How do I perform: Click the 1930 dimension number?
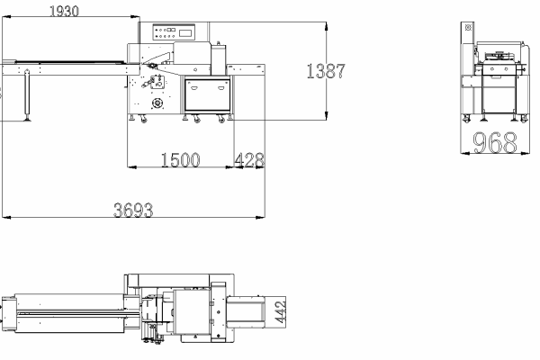(x=65, y=11)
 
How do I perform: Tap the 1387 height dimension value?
(x=326, y=71)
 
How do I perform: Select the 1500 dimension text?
(x=181, y=160)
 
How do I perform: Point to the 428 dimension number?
(x=249, y=160)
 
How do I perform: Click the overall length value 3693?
(x=133, y=210)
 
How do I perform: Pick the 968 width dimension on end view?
(x=495, y=142)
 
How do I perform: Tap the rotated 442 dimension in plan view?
(x=281, y=312)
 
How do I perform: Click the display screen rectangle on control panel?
(x=185, y=33)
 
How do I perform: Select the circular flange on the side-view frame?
(x=157, y=103)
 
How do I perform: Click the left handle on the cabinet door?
(x=193, y=88)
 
